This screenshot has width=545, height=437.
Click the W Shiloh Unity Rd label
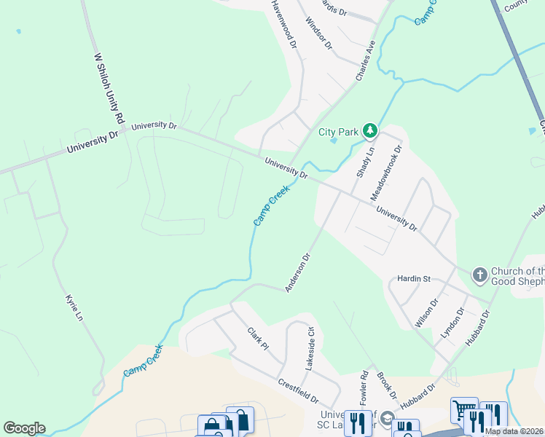109,87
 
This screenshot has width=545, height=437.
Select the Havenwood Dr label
285,23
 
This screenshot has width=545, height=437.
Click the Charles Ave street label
366,60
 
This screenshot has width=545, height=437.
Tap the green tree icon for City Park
371,130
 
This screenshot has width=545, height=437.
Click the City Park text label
339,132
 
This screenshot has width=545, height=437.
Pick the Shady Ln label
364,161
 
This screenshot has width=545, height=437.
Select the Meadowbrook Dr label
386,173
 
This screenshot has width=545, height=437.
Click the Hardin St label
415,278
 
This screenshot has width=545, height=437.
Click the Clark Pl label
258,338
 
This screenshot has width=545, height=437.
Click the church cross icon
479,275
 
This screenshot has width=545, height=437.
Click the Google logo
24,428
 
